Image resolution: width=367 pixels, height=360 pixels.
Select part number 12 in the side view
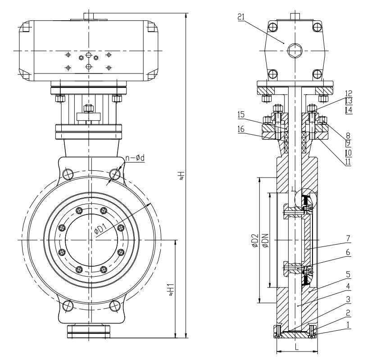click(x=349, y=94)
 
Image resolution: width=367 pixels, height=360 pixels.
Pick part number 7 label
click(x=349, y=237)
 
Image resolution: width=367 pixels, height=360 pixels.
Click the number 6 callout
click(x=349, y=254)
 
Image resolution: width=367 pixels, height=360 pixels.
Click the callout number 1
click(x=349, y=323)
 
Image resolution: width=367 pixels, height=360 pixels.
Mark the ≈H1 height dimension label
click(x=170, y=288)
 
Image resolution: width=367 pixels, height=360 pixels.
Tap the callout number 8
click(x=349, y=134)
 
